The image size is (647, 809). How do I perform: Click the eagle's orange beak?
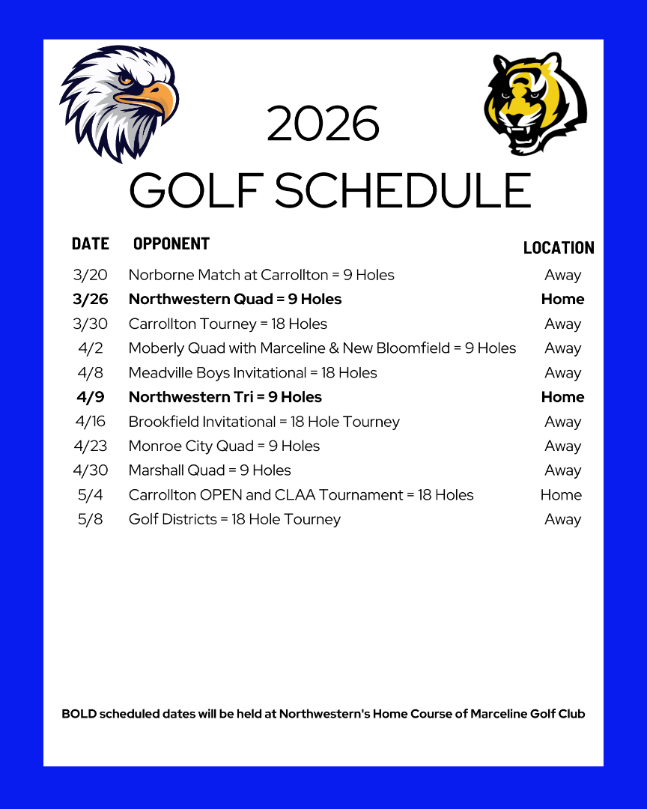pyautogui.click(x=154, y=101)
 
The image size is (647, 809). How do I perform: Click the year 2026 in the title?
pyautogui.click(x=323, y=124)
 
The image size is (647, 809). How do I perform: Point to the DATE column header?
pyautogui.click(x=91, y=243)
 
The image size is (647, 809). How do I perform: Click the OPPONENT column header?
pyautogui.click(x=171, y=243)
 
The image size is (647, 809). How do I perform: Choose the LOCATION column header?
pyautogui.click(x=559, y=248)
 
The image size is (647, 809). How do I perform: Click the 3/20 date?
pyautogui.click(x=91, y=275)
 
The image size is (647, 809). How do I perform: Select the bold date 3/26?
pyautogui.click(x=91, y=299)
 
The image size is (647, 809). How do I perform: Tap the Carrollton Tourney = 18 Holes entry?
pyautogui.click(x=228, y=324)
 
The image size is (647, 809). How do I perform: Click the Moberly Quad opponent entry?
pyautogui.click(x=322, y=348)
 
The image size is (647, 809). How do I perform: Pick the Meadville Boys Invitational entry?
pyautogui.click(x=252, y=372)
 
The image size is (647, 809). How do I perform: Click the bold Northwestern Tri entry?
pyautogui.click(x=225, y=397)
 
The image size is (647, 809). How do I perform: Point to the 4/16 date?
pyautogui.click(x=91, y=422)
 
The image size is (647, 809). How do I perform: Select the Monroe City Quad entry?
pyautogui.click(x=224, y=446)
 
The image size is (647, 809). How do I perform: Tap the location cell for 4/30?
pyautogui.click(x=563, y=470)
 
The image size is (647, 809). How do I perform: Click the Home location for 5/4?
pyautogui.click(x=561, y=495)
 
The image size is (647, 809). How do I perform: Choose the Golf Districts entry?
pyautogui.click(x=234, y=519)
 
